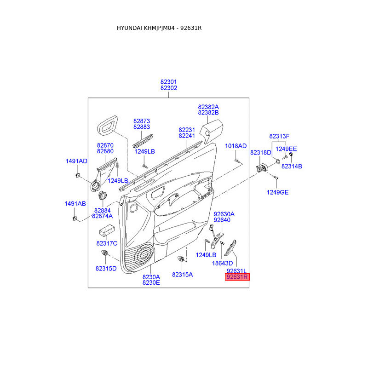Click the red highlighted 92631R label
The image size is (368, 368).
237,277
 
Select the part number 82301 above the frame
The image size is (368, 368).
169,82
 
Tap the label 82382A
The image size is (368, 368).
208,106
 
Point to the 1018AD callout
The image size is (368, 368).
236,146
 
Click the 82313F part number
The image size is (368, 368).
279,136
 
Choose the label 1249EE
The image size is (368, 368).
286,149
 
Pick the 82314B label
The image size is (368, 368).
292,166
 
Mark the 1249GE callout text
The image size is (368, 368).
277,192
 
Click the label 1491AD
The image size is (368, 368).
76,161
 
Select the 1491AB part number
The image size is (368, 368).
75,203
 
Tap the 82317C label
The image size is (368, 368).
107,243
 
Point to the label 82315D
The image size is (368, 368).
106,268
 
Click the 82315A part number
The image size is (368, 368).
182,274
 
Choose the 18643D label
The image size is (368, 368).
222,263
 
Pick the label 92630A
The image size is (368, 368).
224,214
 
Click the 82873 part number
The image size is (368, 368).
142,121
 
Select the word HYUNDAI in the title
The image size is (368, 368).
129,28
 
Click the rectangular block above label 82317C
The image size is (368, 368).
108,230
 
